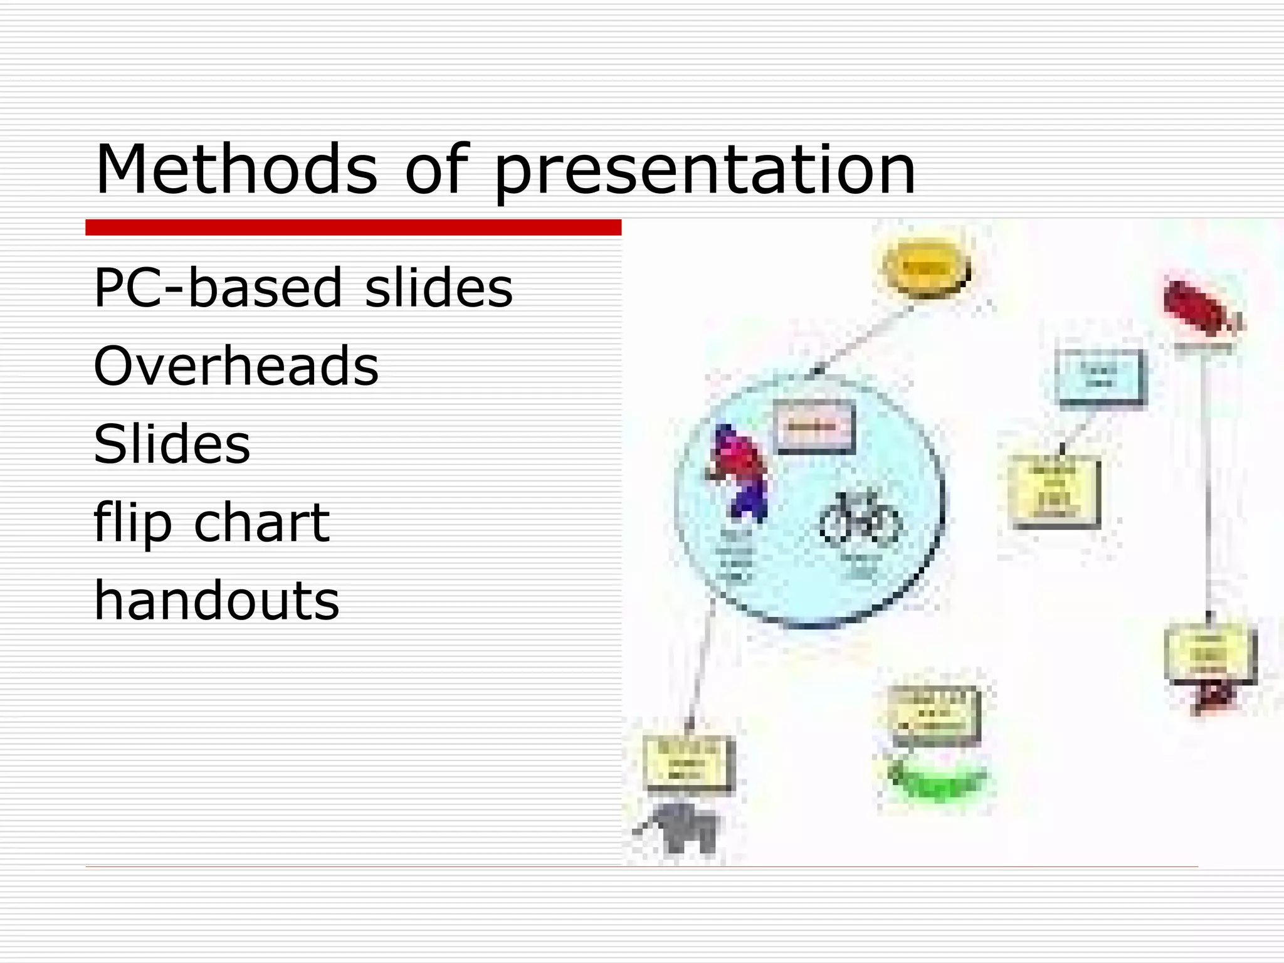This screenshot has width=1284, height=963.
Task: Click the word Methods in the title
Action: point(236,169)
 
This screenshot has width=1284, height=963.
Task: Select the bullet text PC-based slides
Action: point(303,288)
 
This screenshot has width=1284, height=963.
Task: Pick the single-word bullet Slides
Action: point(172,444)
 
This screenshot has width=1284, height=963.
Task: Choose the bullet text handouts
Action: point(216,600)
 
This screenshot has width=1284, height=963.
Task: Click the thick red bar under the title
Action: point(353,228)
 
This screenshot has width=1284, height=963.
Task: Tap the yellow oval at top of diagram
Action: point(926,268)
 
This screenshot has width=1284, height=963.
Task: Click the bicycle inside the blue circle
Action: point(860,518)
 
